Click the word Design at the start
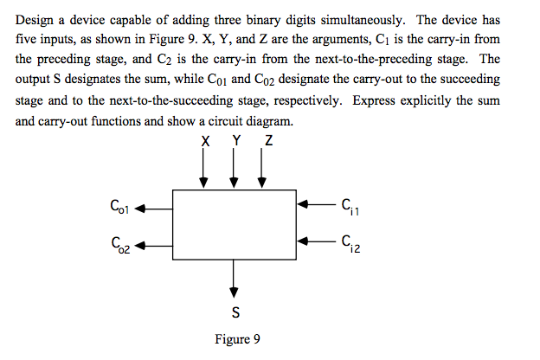tap(35, 20)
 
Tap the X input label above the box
tap(204, 142)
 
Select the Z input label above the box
tap(267, 142)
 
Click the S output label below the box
tap(235, 311)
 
